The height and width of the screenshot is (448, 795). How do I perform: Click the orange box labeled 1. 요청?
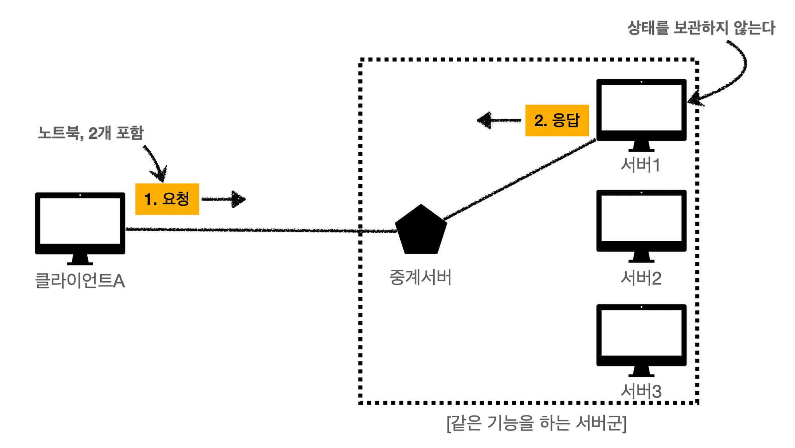[167, 199]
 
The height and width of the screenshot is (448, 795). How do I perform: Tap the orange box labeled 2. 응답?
[557, 120]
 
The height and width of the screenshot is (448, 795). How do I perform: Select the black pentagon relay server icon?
[421, 231]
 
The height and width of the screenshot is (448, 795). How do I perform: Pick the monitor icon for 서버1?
[641, 113]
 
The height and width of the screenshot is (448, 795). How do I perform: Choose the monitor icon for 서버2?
[641, 224]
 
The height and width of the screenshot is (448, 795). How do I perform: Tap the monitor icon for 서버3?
[641, 338]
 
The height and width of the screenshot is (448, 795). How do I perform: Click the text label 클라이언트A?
[80, 281]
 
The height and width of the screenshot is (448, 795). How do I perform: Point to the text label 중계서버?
[420, 277]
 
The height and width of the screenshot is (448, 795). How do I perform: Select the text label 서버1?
[641, 165]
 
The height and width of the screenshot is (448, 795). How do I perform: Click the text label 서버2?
[641, 278]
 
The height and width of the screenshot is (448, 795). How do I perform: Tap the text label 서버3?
[641, 391]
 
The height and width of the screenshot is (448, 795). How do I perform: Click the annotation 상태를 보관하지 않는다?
[701, 28]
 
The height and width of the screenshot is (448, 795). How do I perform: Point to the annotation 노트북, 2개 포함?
[91, 133]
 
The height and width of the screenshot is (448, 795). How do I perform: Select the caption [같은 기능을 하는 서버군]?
[536, 423]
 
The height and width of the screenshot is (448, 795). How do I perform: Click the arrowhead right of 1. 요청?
[238, 199]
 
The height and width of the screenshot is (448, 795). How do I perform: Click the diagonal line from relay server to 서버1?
[520, 179]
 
